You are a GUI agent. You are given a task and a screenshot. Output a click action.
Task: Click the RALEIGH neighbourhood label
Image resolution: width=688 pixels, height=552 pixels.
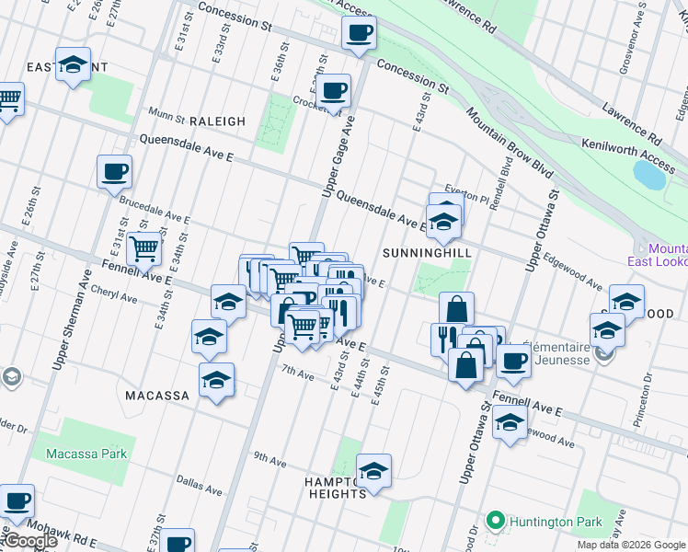tap(218, 121)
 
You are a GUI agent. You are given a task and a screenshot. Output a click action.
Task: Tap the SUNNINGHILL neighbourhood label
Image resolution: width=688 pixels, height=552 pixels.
tap(427, 252)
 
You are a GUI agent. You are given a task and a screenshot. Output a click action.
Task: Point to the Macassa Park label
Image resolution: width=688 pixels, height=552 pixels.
tap(86, 454)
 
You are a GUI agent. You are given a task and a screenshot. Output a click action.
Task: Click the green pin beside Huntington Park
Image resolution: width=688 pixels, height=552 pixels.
tap(496, 522)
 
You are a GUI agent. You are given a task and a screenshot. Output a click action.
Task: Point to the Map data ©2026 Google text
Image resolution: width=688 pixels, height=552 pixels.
tap(631, 545)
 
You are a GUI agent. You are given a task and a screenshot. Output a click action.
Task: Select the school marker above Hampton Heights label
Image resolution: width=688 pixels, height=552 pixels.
tap(373, 471)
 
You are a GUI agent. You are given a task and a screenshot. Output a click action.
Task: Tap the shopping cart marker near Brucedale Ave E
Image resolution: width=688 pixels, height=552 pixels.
tap(143, 247)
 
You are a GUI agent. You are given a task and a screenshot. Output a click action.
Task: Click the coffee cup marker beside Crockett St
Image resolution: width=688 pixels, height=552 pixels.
tap(335, 91)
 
